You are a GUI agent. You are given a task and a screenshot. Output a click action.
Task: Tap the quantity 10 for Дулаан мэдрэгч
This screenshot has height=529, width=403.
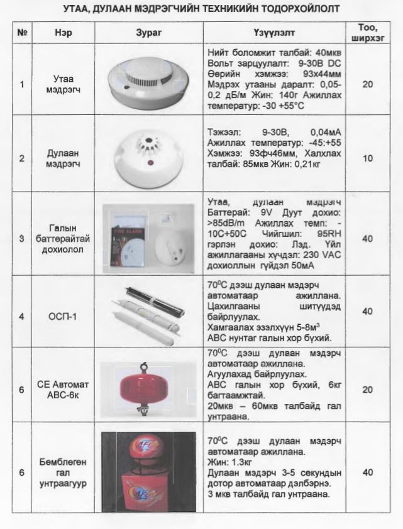point(367,158)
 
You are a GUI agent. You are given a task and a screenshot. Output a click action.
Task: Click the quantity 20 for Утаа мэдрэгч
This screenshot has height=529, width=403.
point(367,84)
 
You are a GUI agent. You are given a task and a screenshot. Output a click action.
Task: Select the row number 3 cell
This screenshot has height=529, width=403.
point(22,238)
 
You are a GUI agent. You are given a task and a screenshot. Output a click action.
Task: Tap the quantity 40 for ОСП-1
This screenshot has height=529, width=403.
point(367,312)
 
